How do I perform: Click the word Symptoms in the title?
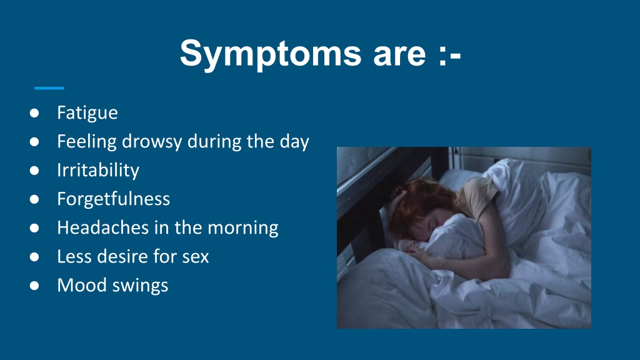tap(271, 54)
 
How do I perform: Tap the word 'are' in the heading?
tap(399, 54)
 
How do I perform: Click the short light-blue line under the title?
tap(49, 87)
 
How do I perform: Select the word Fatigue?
tap(87, 112)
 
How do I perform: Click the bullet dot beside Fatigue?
tap(34, 112)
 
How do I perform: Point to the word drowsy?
tap(152, 142)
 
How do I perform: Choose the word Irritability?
tap(98, 170)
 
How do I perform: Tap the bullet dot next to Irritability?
tap(34, 170)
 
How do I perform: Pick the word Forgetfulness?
tap(114, 199)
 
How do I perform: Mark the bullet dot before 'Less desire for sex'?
tap(34, 257)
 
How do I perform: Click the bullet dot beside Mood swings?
tap(34, 285)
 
